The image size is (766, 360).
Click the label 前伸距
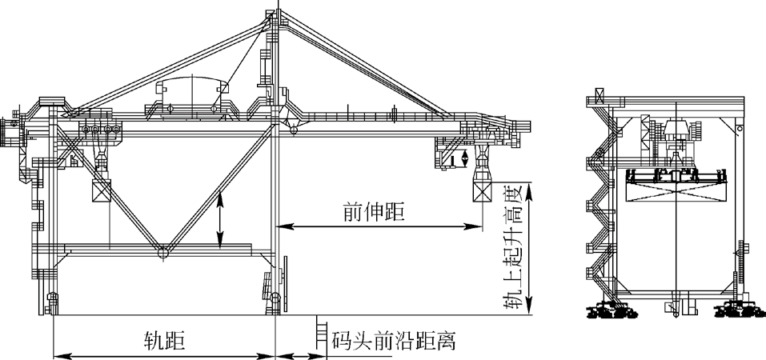pyautogui.click(x=374, y=212)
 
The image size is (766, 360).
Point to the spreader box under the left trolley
pyautogui.click(x=102, y=190)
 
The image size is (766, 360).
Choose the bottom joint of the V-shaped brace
pyautogui.click(x=162, y=253)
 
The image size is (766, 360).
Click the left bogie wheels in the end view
pyautogui.click(x=616, y=311)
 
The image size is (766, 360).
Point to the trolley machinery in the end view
pyautogui.click(x=676, y=140)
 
